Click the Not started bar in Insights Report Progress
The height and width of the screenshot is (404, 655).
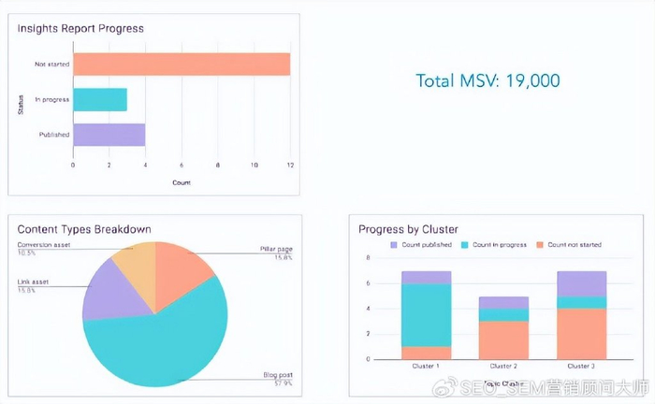[x=182, y=65]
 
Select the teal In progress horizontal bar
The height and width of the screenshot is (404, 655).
[x=100, y=99]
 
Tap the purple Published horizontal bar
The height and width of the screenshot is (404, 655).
[x=109, y=135]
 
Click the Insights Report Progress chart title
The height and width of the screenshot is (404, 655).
[x=80, y=28]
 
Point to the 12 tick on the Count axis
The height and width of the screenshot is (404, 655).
[x=290, y=165]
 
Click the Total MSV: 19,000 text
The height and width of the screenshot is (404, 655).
[x=488, y=81]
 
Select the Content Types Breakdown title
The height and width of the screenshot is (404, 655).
[x=84, y=229]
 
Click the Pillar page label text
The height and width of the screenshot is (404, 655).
[x=277, y=250]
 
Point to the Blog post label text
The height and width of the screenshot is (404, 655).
[x=278, y=374]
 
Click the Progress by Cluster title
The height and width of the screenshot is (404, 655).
[x=407, y=229]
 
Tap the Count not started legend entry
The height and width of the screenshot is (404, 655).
[x=570, y=245]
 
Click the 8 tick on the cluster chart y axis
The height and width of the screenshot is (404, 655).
[x=368, y=258]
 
